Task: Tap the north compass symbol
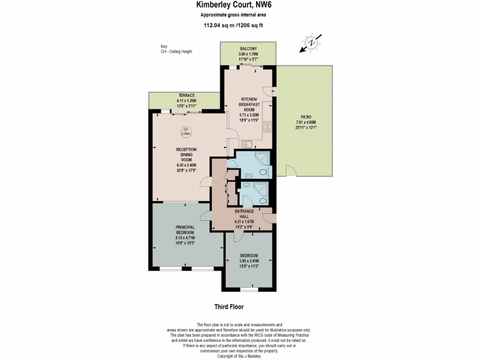(x=311, y=43)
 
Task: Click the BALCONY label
(x=248, y=49)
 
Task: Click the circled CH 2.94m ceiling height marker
(x=186, y=132)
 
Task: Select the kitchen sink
(x=245, y=144)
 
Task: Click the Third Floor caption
(x=229, y=307)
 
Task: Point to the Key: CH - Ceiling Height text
(x=176, y=49)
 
